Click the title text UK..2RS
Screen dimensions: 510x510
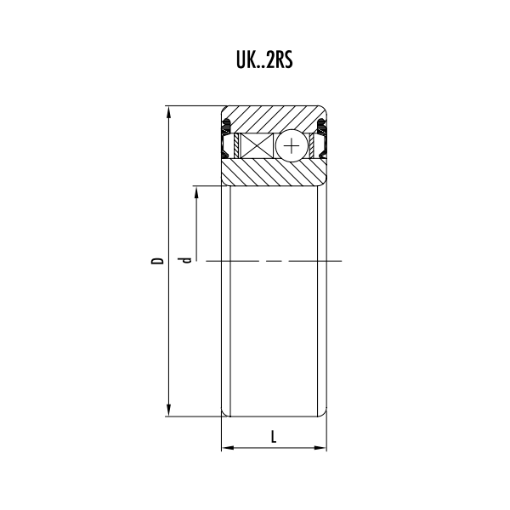(x=264, y=60)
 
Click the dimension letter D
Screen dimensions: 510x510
(x=157, y=261)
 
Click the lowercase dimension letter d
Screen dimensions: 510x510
(x=185, y=260)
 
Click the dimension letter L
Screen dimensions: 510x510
(x=274, y=437)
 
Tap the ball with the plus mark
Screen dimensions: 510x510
(x=292, y=145)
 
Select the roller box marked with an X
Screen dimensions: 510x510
(x=257, y=145)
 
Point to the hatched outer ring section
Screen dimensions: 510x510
(x=274, y=119)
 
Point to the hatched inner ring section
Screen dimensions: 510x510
(x=274, y=173)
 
